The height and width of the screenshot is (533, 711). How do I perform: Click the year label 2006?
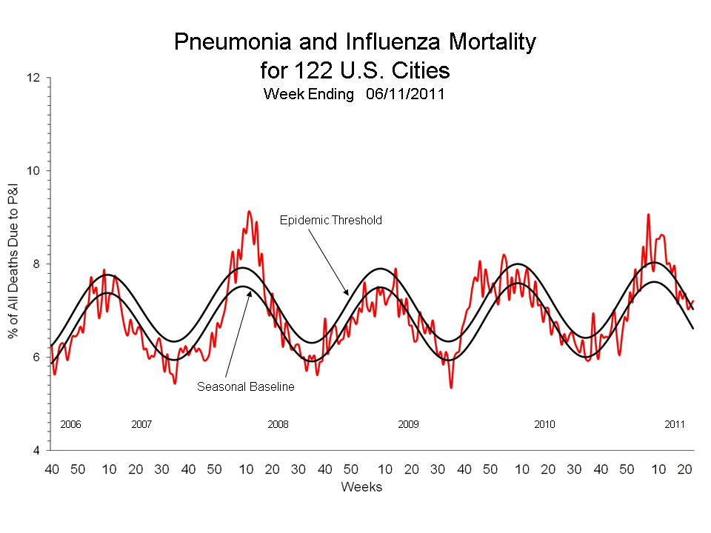(x=70, y=424)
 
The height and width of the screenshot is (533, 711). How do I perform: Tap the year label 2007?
(x=141, y=424)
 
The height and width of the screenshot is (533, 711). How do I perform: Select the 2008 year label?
(x=278, y=424)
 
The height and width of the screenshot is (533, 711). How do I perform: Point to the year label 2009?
(x=408, y=424)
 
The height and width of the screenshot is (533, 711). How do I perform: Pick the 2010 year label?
(x=544, y=424)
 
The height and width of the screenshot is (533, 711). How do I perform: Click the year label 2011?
(x=675, y=424)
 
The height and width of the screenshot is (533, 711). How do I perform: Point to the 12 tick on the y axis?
(x=35, y=78)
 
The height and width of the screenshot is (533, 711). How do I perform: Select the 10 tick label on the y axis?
(x=35, y=171)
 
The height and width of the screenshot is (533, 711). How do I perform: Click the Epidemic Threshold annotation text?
(x=330, y=220)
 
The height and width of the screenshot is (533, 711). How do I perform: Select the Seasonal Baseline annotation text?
(x=246, y=386)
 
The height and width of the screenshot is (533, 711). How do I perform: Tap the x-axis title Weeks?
(x=361, y=487)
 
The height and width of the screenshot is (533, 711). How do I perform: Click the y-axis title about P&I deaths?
(x=14, y=264)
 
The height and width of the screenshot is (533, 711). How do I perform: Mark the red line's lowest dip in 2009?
(x=451, y=387)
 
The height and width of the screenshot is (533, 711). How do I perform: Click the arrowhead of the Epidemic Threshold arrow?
(x=345, y=295)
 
